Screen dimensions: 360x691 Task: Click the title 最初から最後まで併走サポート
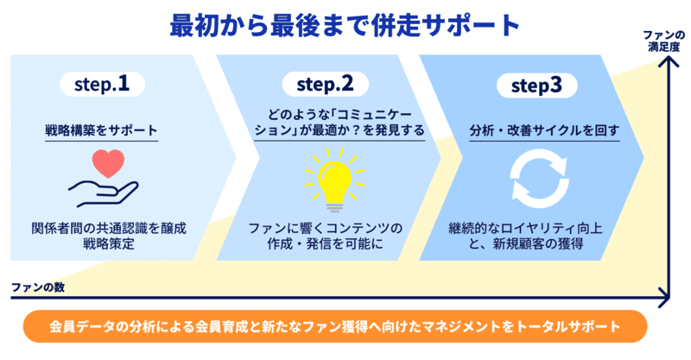pyautogui.click(x=345, y=24)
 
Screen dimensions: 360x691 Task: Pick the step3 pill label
pyautogui.click(x=529, y=85)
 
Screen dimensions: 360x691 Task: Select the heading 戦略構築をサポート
pyautogui.click(x=102, y=130)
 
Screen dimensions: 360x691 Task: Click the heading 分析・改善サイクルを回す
pyautogui.click(x=533, y=130)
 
